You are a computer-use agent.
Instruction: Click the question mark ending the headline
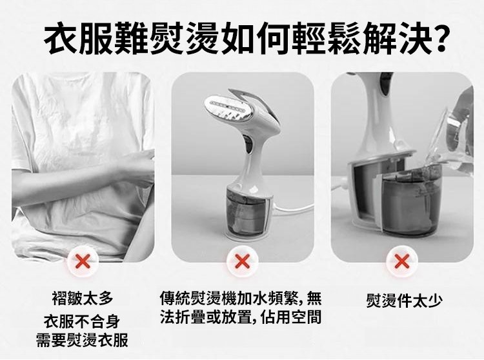click(438, 39)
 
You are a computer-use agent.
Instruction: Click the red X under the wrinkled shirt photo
click(83, 262)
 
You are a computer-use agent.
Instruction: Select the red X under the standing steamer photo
click(242, 262)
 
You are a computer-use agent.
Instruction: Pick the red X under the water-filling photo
click(401, 262)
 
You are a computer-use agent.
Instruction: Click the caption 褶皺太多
click(83, 298)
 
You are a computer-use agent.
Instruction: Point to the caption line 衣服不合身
click(82, 321)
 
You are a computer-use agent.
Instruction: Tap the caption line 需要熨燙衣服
click(82, 340)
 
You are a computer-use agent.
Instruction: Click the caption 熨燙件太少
click(405, 301)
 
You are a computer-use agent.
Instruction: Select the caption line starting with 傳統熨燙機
click(241, 298)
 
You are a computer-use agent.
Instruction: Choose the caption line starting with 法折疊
click(241, 317)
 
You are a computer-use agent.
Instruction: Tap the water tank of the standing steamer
click(246, 214)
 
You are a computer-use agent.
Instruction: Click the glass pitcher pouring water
click(450, 135)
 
